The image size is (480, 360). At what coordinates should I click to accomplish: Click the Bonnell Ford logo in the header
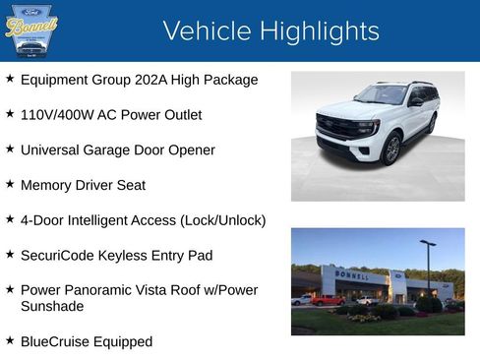pos(31,30)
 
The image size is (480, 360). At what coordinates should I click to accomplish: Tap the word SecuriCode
pos(57,256)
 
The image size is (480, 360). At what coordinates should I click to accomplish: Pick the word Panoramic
pos(111,290)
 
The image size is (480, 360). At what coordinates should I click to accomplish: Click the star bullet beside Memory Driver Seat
pos(10,184)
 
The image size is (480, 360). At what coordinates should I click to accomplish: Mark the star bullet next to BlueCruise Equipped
pos(10,340)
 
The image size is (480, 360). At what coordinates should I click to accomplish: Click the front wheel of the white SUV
pos(391,149)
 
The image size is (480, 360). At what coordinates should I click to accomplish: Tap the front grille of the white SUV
pos(336,129)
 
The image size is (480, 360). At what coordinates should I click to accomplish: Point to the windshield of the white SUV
pos(382,95)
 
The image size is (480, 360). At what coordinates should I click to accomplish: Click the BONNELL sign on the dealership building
pos(353,275)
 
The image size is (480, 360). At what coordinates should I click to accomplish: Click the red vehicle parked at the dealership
pos(327,300)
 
